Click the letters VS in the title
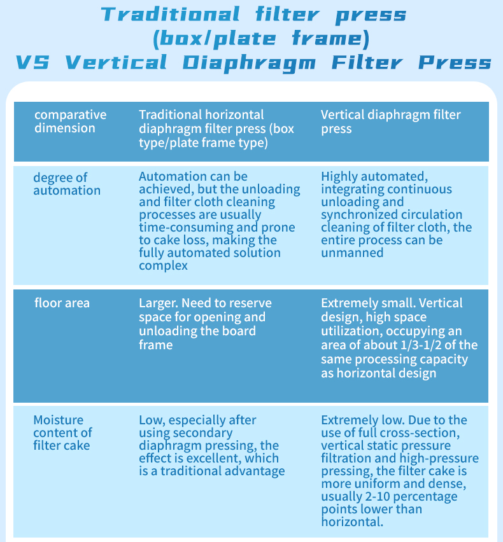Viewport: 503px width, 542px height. click(x=33, y=62)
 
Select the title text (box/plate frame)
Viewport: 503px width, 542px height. click(x=261, y=39)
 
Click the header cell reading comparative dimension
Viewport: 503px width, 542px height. click(x=70, y=122)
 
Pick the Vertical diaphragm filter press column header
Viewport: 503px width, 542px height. click(x=390, y=122)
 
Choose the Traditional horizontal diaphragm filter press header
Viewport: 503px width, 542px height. click(x=216, y=128)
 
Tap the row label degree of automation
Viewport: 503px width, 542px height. click(x=66, y=184)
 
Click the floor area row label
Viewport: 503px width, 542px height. click(x=62, y=303)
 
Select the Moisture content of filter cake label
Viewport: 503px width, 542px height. click(x=62, y=433)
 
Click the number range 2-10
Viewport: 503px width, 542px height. click(x=378, y=496)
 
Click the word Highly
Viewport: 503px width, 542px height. click(x=339, y=176)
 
